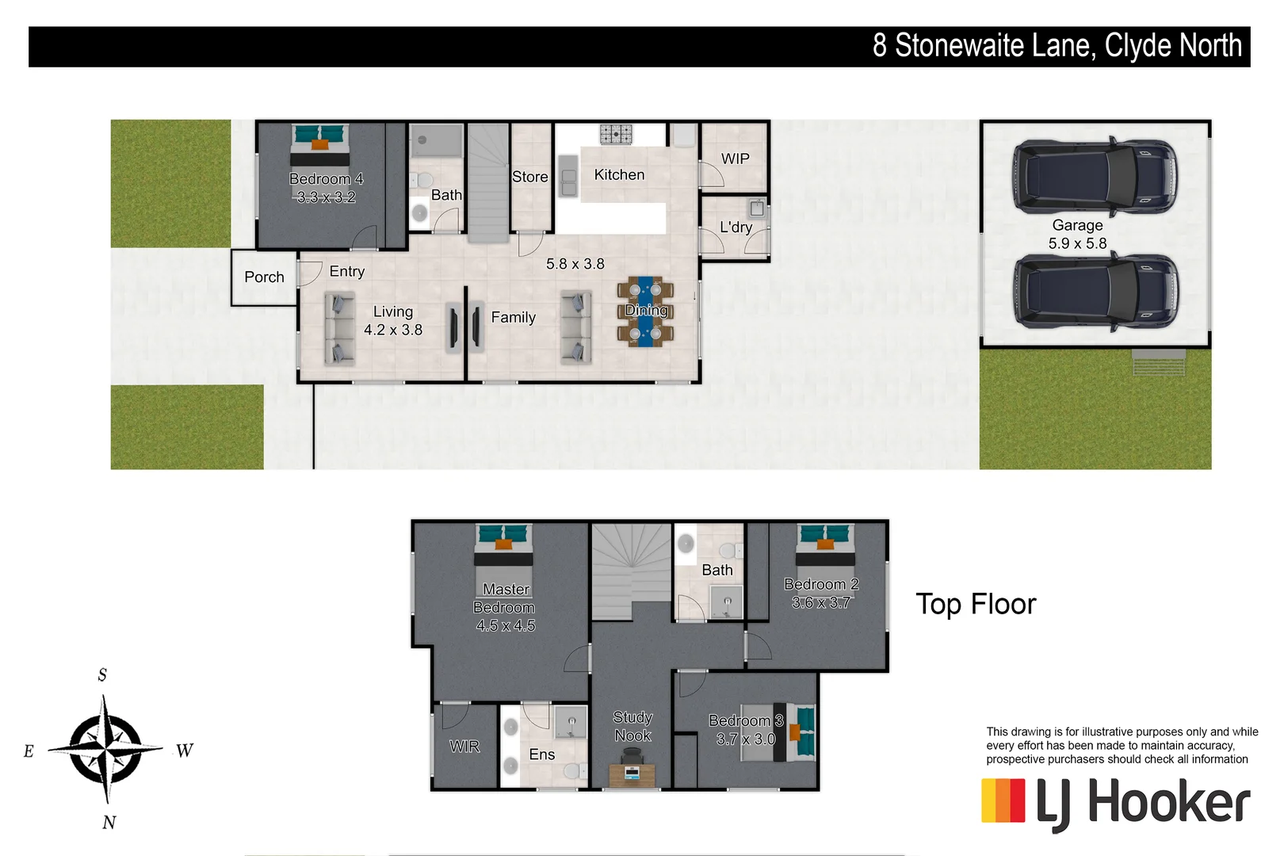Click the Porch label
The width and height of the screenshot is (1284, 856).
[264, 277]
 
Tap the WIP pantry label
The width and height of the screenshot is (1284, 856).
[735, 159]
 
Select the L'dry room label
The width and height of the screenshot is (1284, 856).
[736, 227]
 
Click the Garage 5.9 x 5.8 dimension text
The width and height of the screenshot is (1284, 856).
[1077, 244]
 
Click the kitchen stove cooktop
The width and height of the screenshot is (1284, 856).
[616, 134]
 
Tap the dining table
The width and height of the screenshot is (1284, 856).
[645, 311]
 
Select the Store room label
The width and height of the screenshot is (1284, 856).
[529, 178]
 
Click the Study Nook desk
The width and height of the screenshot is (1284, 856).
[632, 774]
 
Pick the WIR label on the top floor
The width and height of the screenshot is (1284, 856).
[464, 747]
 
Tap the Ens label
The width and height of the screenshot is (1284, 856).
[542, 755]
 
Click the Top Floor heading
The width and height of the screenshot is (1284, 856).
[976, 605]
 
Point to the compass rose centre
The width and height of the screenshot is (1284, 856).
[105, 748]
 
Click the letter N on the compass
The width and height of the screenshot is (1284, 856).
[109, 823]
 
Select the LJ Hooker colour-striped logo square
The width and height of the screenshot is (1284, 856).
[1003, 801]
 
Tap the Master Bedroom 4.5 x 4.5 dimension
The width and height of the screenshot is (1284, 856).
[506, 626]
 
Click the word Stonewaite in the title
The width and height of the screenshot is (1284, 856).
[995, 46]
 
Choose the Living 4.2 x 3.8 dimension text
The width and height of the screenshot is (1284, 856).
[393, 331]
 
